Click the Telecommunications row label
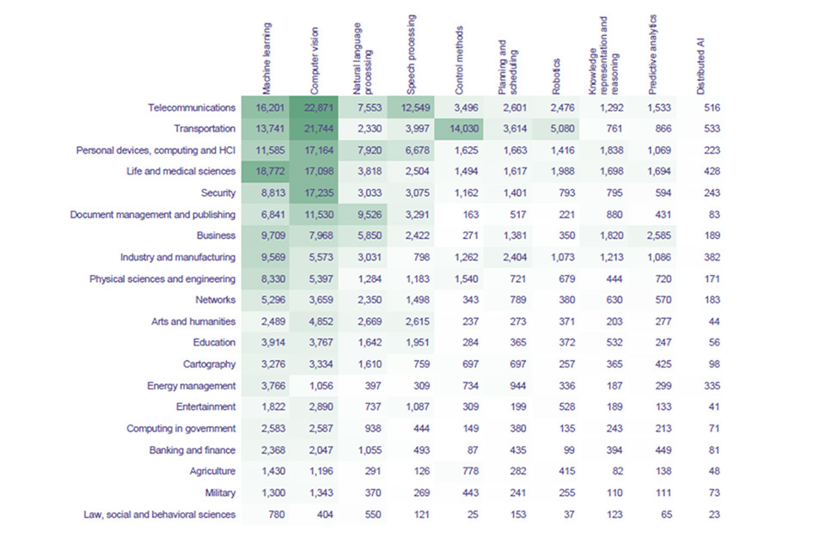pyautogui.click(x=191, y=108)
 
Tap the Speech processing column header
pyautogui.click(x=412, y=56)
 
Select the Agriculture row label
pyautogui.click(x=212, y=471)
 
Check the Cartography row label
pyautogui.click(x=206, y=364)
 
